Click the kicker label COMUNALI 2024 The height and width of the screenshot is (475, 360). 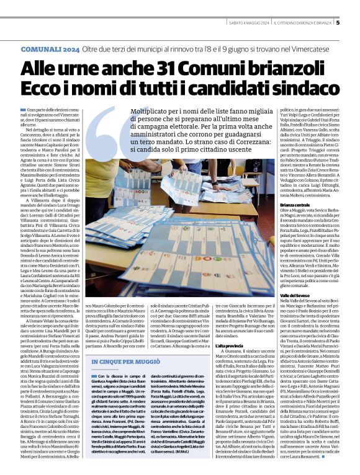click(x=50, y=48)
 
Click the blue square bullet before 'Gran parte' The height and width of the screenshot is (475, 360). click(x=22, y=109)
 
